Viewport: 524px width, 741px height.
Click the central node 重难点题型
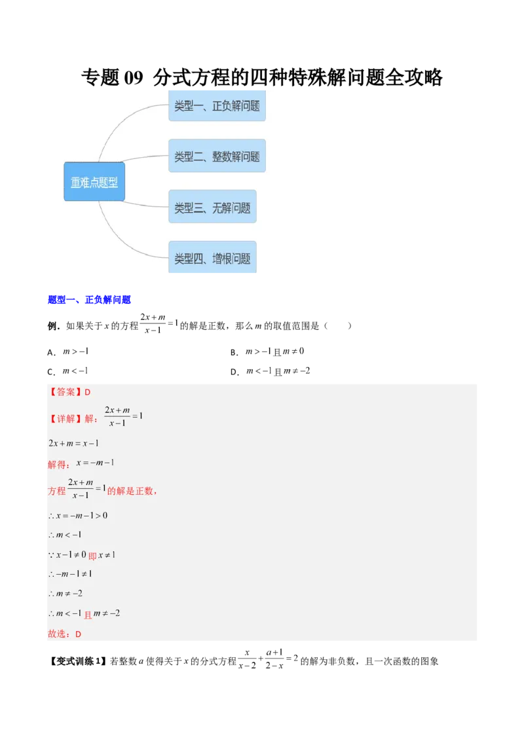pyautogui.click(x=94, y=182)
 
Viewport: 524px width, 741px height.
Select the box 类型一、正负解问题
pyautogui.click(x=217, y=105)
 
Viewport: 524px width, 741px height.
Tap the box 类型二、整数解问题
pyautogui.click(x=217, y=156)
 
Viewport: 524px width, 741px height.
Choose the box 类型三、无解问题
pyautogui.click(x=212, y=208)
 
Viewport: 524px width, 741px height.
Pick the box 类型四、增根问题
pyautogui.click(x=212, y=259)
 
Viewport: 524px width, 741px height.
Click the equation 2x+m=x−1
pyautogui.click(x=73, y=443)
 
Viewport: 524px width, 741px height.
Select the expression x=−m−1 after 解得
pyautogui.click(x=95, y=463)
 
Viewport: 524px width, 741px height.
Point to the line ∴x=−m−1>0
pyautogui.click(x=78, y=515)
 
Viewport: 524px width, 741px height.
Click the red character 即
pyautogui.click(x=92, y=556)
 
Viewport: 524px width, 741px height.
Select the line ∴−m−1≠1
pyautogui.click(x=70, y=574)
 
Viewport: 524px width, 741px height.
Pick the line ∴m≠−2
pyautogui.click(x=65, y=594)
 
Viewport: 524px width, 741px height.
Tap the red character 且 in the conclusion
pyautogui.click(x=88, y=615)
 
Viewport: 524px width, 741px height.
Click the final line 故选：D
pyautogui.click(x=64, y=634)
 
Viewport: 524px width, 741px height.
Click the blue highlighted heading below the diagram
pyautogui.click(x=89, y=300)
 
